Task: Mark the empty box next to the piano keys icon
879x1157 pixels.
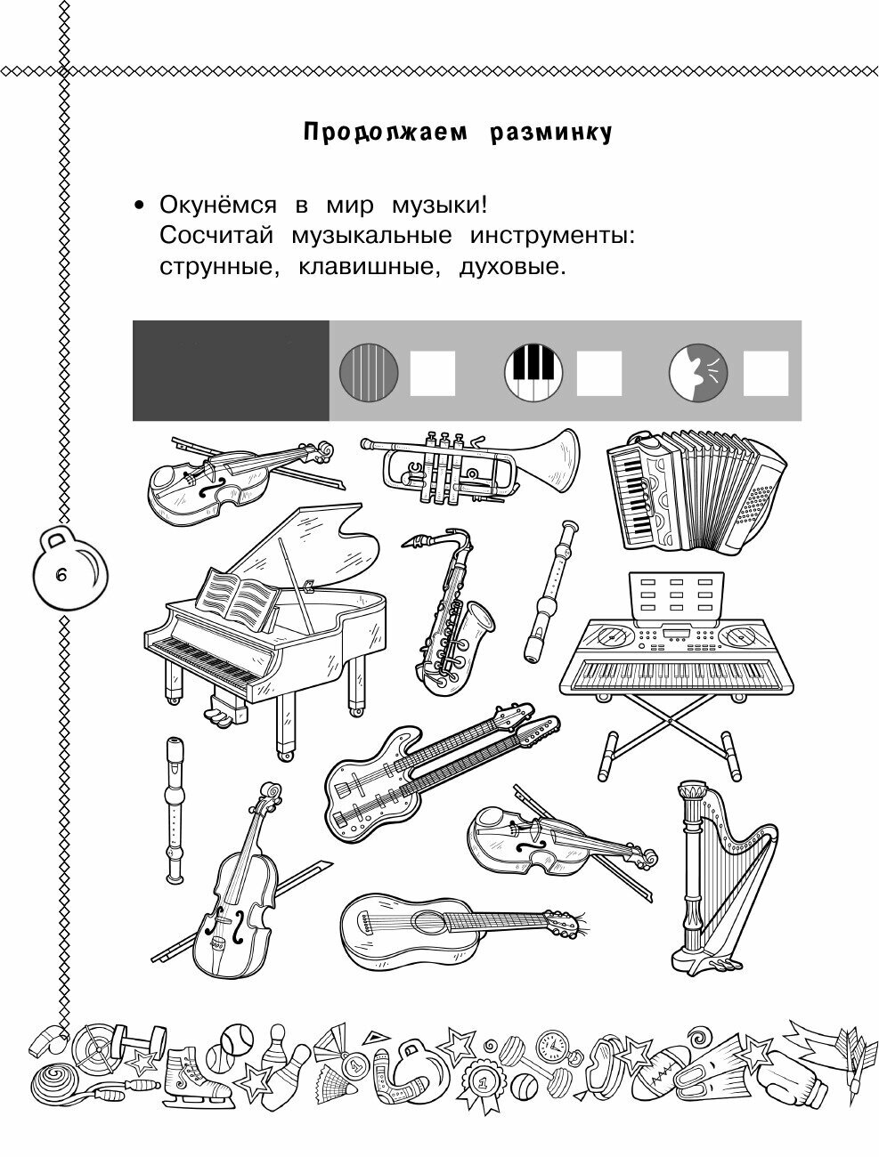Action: tap(599, 373)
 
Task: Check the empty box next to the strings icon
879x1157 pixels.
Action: tap(433, 373)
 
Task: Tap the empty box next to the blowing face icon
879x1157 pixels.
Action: tap(765, 373)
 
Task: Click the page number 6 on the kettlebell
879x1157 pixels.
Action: tap(61, 575)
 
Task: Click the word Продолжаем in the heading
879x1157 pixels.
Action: tap(383, 133)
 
